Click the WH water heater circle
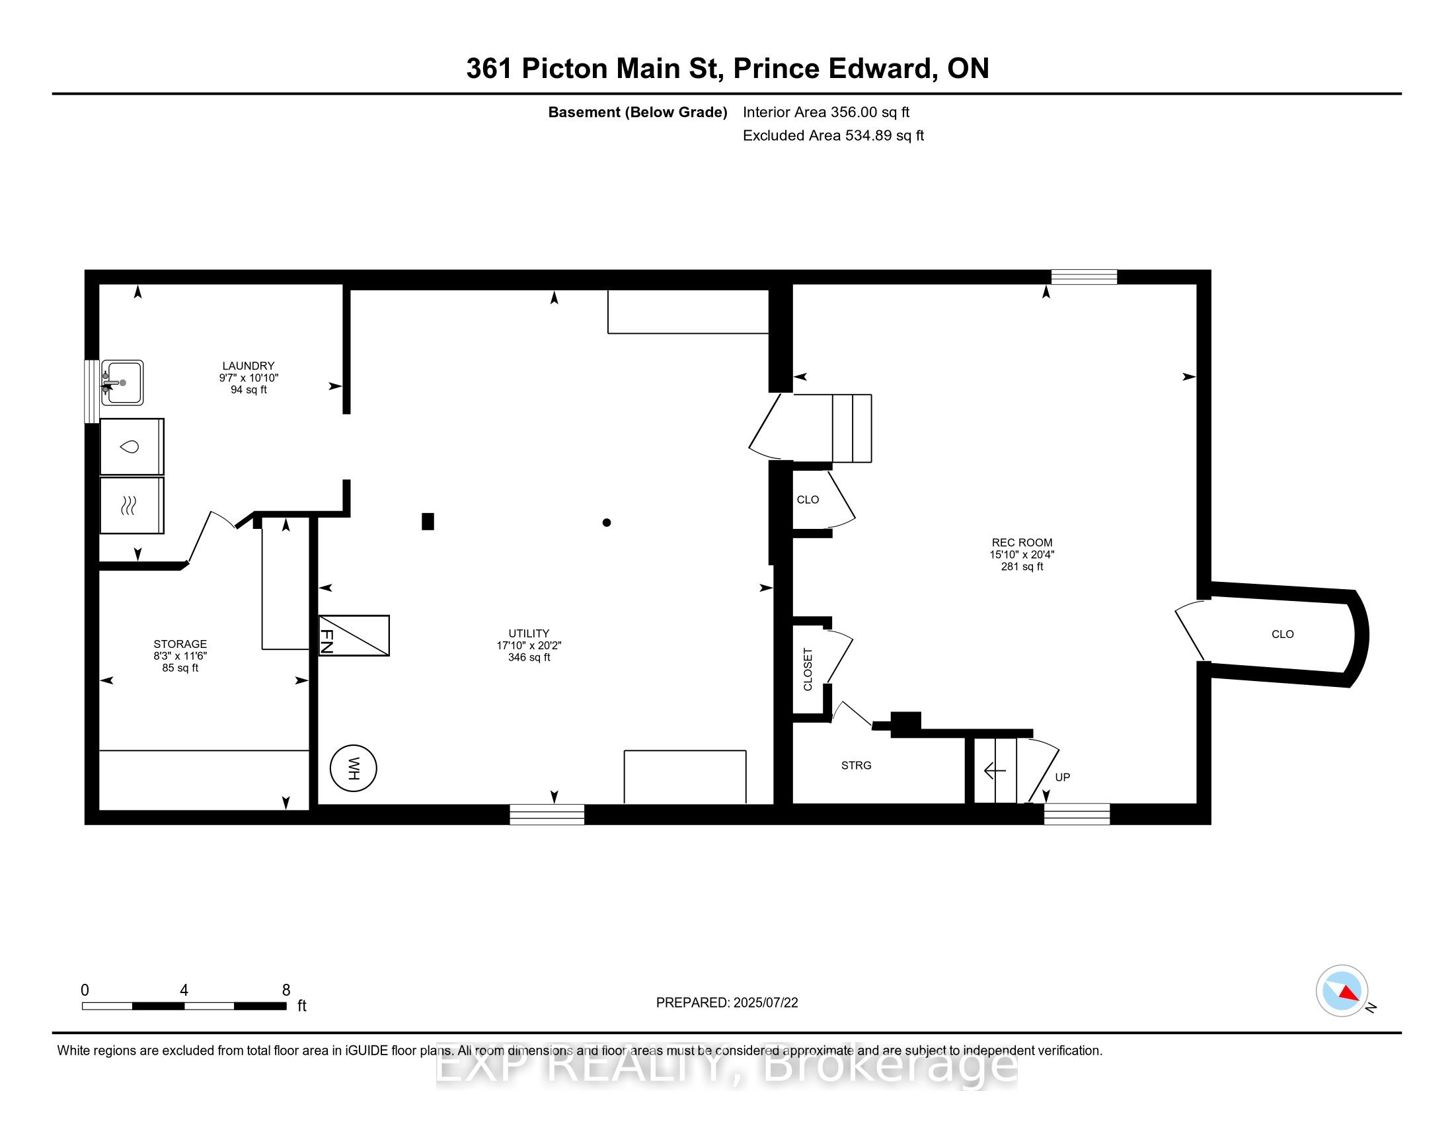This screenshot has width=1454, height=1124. [x=354, y=768]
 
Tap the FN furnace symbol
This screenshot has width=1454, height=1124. [x=354, y=635]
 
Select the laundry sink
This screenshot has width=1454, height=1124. [x=122, y=383]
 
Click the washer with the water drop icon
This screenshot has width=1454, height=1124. [x=131, y=447]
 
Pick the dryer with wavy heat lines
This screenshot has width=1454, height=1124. [x=131, y=505]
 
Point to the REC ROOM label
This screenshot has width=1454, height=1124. [x=1022, y=543]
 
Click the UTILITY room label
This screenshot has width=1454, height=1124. [x=529, y=633]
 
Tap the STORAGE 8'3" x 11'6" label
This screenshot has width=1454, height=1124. [x=180, y=655]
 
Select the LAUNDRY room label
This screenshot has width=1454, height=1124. [x=249, y=366]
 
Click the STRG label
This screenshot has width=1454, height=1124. [x=856, y=766]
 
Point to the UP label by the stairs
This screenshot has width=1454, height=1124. [x=1063, y=777]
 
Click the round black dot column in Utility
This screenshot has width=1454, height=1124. [x=607, y=523]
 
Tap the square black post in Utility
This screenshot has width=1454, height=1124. [x=428, y=522]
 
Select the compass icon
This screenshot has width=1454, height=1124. [x=1342, y=991]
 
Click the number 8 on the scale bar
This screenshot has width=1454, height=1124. [x=286, y=990]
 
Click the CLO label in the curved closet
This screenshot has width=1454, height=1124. [x=1282, y=635]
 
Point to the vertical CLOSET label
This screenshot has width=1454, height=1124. [x=808, y=669]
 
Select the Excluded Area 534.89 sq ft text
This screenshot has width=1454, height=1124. [x=833, y=136]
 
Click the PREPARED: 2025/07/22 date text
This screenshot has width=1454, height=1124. [x=727, y=1003]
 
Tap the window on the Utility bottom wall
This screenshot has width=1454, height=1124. [x=547, y=815]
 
